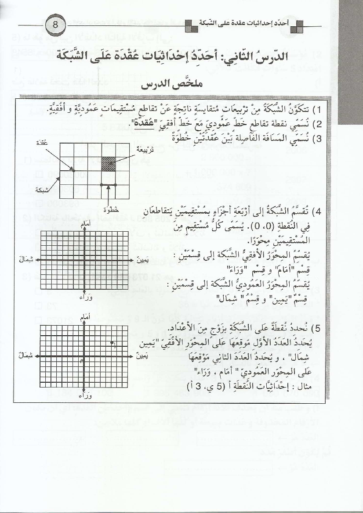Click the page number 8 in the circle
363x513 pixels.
[x=56, y=24]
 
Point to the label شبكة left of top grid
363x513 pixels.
[x=42, y=190]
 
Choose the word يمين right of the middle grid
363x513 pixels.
[x=142, y=260]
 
